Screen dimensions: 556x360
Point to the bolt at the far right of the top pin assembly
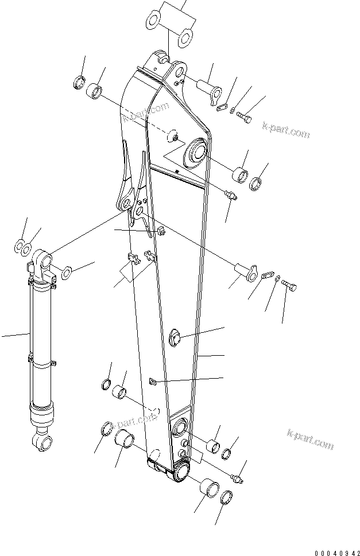(x=245, y=118)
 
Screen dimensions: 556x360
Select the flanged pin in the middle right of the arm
(x=245, y=270)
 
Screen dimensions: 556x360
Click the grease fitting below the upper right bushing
(x=231, y=196)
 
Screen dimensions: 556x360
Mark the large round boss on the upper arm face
(x=193, y=153)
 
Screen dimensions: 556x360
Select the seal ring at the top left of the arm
(x=79, y=82)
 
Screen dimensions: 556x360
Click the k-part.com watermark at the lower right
(x=309, y=438)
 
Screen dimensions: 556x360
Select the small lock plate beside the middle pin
(x=267, y=275)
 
